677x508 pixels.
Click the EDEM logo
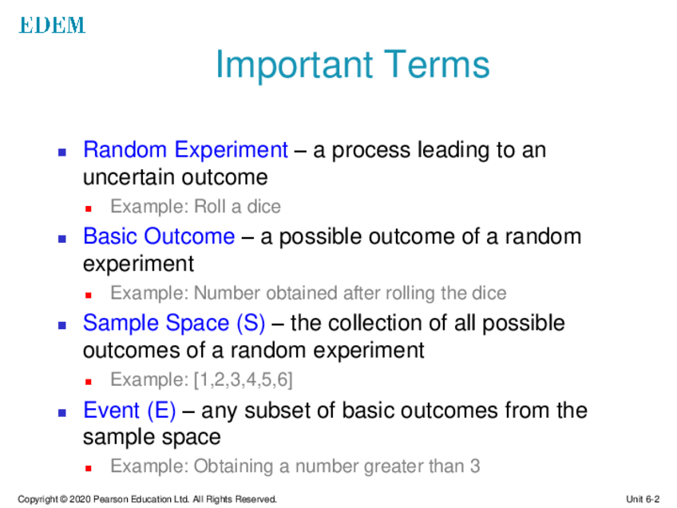point(52,25)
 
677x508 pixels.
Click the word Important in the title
point(294,65)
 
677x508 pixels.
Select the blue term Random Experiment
point(185,150)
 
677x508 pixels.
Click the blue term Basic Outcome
point(159,236)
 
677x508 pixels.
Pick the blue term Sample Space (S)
point(174,323)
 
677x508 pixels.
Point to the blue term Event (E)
point(129,410)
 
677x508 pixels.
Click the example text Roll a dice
point(237,207)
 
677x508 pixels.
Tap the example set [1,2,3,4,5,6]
point(243,379)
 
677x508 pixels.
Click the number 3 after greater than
point(475,466)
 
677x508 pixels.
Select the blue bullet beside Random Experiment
point(62,152)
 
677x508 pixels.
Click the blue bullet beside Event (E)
point(62,412)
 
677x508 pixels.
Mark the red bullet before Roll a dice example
point(89,209)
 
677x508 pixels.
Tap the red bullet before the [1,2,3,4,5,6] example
point(89,382)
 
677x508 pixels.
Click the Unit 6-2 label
point(643,499)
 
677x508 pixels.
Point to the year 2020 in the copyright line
point(80,499)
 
